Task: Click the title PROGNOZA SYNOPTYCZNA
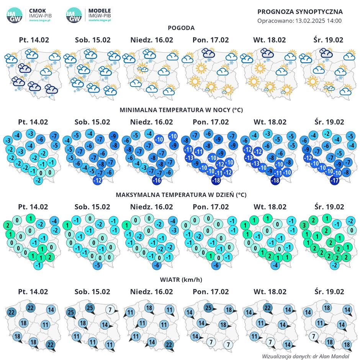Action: click(300, 12)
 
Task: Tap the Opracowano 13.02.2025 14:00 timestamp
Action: click(299, 21)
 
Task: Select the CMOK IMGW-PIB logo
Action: click(29, 15)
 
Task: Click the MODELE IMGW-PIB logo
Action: click(89, 15)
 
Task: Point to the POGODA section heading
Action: click(181, 28)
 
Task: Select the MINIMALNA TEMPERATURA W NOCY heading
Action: click(181, 110)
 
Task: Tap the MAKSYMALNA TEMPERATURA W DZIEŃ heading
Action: click(181, 195)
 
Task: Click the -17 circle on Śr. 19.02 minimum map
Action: click(334, 180)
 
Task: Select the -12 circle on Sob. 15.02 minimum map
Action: click(97, 180)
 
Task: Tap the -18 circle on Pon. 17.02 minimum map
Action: click(216, 180)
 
